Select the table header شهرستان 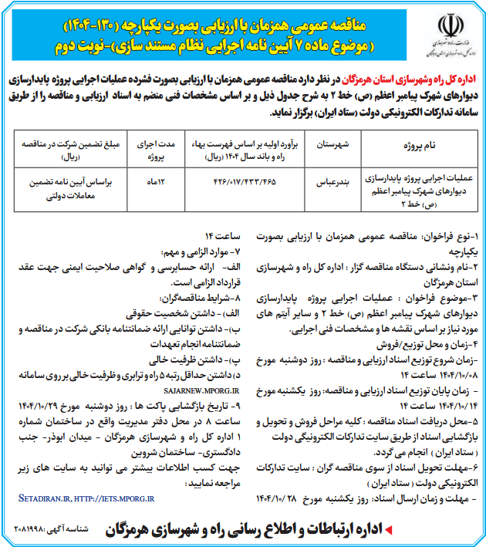[333, 144]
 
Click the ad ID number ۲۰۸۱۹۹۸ [36, 533]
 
